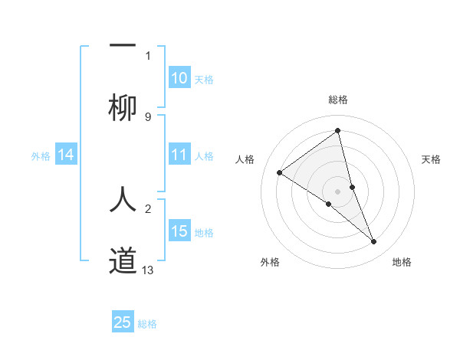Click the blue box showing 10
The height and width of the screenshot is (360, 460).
[x=179, y=78]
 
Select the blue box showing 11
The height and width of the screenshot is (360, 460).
[x=179, y=155]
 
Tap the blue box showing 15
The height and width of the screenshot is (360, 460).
[x=179, y=231]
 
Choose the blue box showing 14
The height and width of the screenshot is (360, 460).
[x=66, y=155]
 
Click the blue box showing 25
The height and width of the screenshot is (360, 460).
[x=123, y=322]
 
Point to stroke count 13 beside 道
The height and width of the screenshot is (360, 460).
[x=148, y=270]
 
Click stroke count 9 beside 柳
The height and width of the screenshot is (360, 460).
[x=148, y=117]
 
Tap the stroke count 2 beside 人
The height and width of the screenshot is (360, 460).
[x=148, y=208]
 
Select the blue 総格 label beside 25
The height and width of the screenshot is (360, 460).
[x=147, y=324]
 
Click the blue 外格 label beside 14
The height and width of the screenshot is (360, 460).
[x=41, y=156]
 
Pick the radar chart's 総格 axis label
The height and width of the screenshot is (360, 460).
[x=338, y=100]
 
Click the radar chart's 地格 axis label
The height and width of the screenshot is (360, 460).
[x=402, y=263]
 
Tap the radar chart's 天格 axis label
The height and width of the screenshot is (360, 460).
[x=431, y=159]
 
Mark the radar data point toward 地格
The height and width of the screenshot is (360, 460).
[x=374, y=242]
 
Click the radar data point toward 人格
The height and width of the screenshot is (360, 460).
[x=280, y=172]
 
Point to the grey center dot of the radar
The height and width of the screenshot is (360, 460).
[x=338, y=191]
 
